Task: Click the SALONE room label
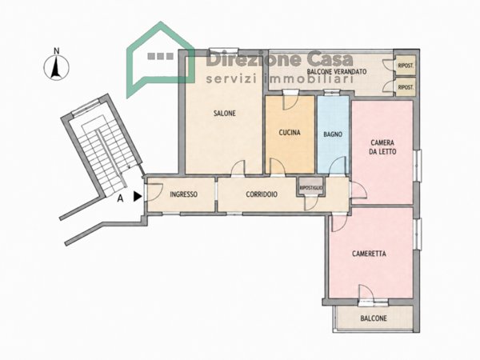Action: (224, 114)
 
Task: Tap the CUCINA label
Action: (290, 133)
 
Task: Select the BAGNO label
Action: (333, 134)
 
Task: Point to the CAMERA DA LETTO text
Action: (382, 147)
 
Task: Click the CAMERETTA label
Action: (369, 254)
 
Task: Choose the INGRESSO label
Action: (183, 194)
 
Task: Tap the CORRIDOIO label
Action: (262, 194)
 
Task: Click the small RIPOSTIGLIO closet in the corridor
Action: (311, 187)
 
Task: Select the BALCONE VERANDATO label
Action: (337, 72)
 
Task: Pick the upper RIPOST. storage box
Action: (406, 66)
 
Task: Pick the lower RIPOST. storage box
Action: (406, 87)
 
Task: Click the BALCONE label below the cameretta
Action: (374, 318)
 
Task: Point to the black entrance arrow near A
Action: (138, 197)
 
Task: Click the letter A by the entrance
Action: (121, 198)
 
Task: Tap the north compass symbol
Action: (56, 68)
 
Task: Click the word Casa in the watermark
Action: (330, 59)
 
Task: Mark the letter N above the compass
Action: (56, 51)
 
